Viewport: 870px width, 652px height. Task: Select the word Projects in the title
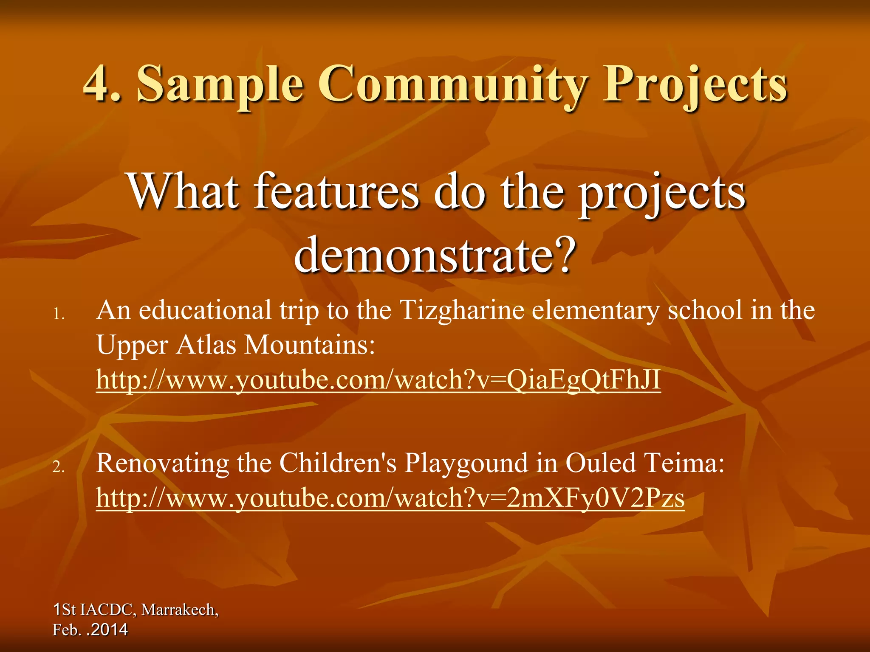tap(695, 84)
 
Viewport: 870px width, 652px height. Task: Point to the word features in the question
tap(337, 192)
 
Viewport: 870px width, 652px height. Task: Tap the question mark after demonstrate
tap(565, 255)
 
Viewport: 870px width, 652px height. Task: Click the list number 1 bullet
tap(59, 315)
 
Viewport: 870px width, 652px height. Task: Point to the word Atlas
tap(206, 345)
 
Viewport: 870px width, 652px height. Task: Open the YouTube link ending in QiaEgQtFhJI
tap(378, 379)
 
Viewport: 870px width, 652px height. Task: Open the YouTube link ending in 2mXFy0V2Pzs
tap(390, 497)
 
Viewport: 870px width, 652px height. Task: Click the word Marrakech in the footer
tap(179, 610)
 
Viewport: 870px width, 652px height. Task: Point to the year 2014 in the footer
tap(109, 630)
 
